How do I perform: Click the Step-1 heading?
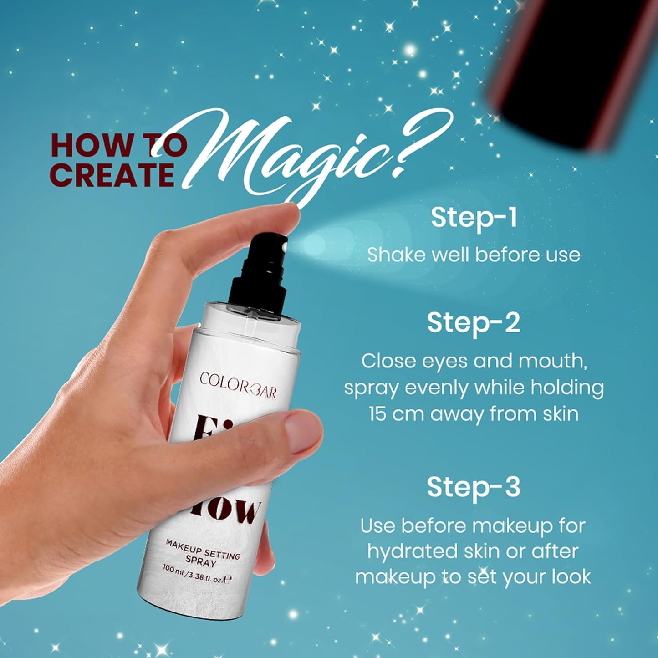474,218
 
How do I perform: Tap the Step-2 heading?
473,323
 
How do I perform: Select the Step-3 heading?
473,487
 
